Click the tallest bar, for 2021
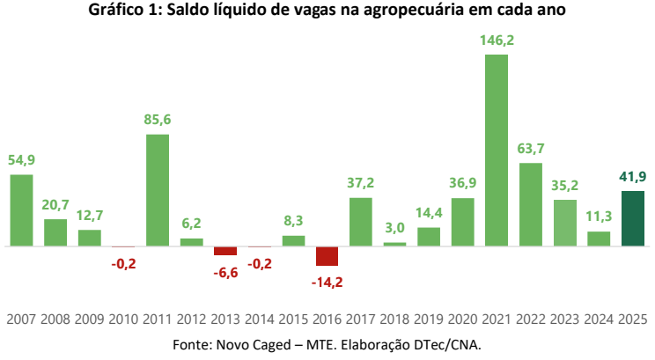tap(497, 150)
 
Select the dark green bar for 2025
tap(633, 218)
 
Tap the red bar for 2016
tap(327, 255)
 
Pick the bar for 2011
tap(157, 189)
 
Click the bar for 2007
tap(21, 209)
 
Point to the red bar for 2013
tap(225, 251)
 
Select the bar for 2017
tap(361, 221)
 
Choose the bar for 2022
tap(531, 204)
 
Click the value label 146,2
tap(497, 40)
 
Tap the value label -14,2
tap(327, 283)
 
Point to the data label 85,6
tap(157, 120)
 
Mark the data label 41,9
tap(633, 176)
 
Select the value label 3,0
tap(394, 227)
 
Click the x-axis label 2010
tap(123, 320)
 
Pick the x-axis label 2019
tap(429, 320)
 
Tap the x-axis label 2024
tap(599, 320)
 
